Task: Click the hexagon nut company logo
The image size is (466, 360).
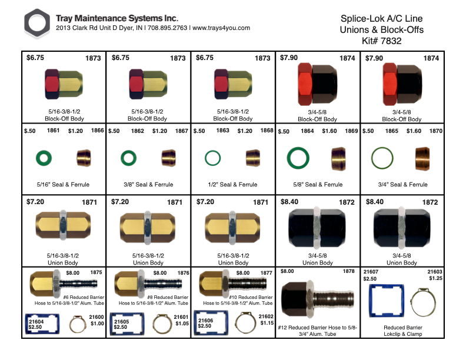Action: [x=38, y=24]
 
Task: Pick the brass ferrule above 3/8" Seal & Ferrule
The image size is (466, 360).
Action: [x=169, y=158]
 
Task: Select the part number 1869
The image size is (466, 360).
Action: [x=351, y=131]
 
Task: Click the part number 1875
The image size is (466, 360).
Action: [x=96, y=273]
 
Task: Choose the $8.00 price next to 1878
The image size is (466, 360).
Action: [x=287, y=272]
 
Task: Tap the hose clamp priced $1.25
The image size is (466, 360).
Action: [x=425, y=302]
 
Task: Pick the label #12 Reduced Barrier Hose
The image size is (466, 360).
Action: [x=318, y=326]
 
